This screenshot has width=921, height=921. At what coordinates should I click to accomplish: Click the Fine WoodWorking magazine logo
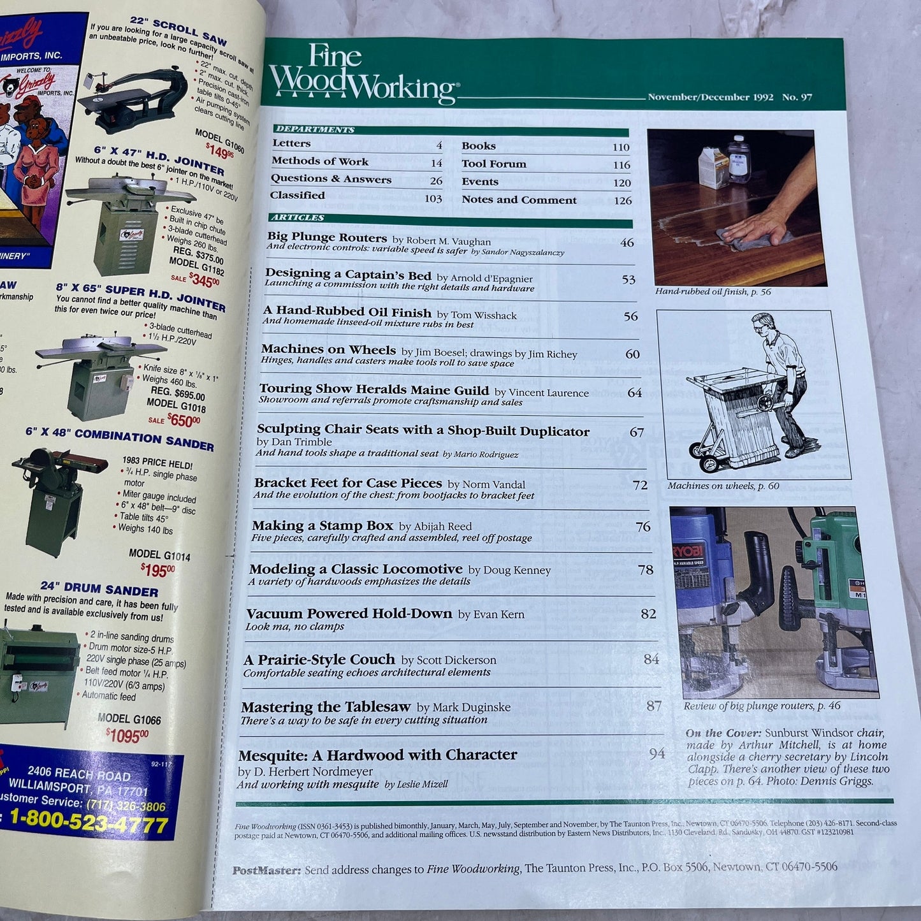tap(361, 75)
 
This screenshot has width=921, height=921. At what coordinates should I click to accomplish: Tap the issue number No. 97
tap(797, 98)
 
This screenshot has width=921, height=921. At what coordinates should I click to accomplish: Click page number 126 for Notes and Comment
tap(622, 201)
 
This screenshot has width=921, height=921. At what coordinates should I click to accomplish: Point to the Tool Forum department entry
tap(494, 164)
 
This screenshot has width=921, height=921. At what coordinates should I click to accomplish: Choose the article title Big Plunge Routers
tap(327, 238)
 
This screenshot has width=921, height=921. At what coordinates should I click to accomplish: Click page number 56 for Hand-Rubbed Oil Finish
tap(630, 316)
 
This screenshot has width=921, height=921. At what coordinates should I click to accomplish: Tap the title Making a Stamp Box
tap(322, 526)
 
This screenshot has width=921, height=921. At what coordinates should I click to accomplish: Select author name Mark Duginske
tap(471, 707)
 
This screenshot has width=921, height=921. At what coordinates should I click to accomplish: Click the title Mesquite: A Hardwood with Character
tap(377, 755)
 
